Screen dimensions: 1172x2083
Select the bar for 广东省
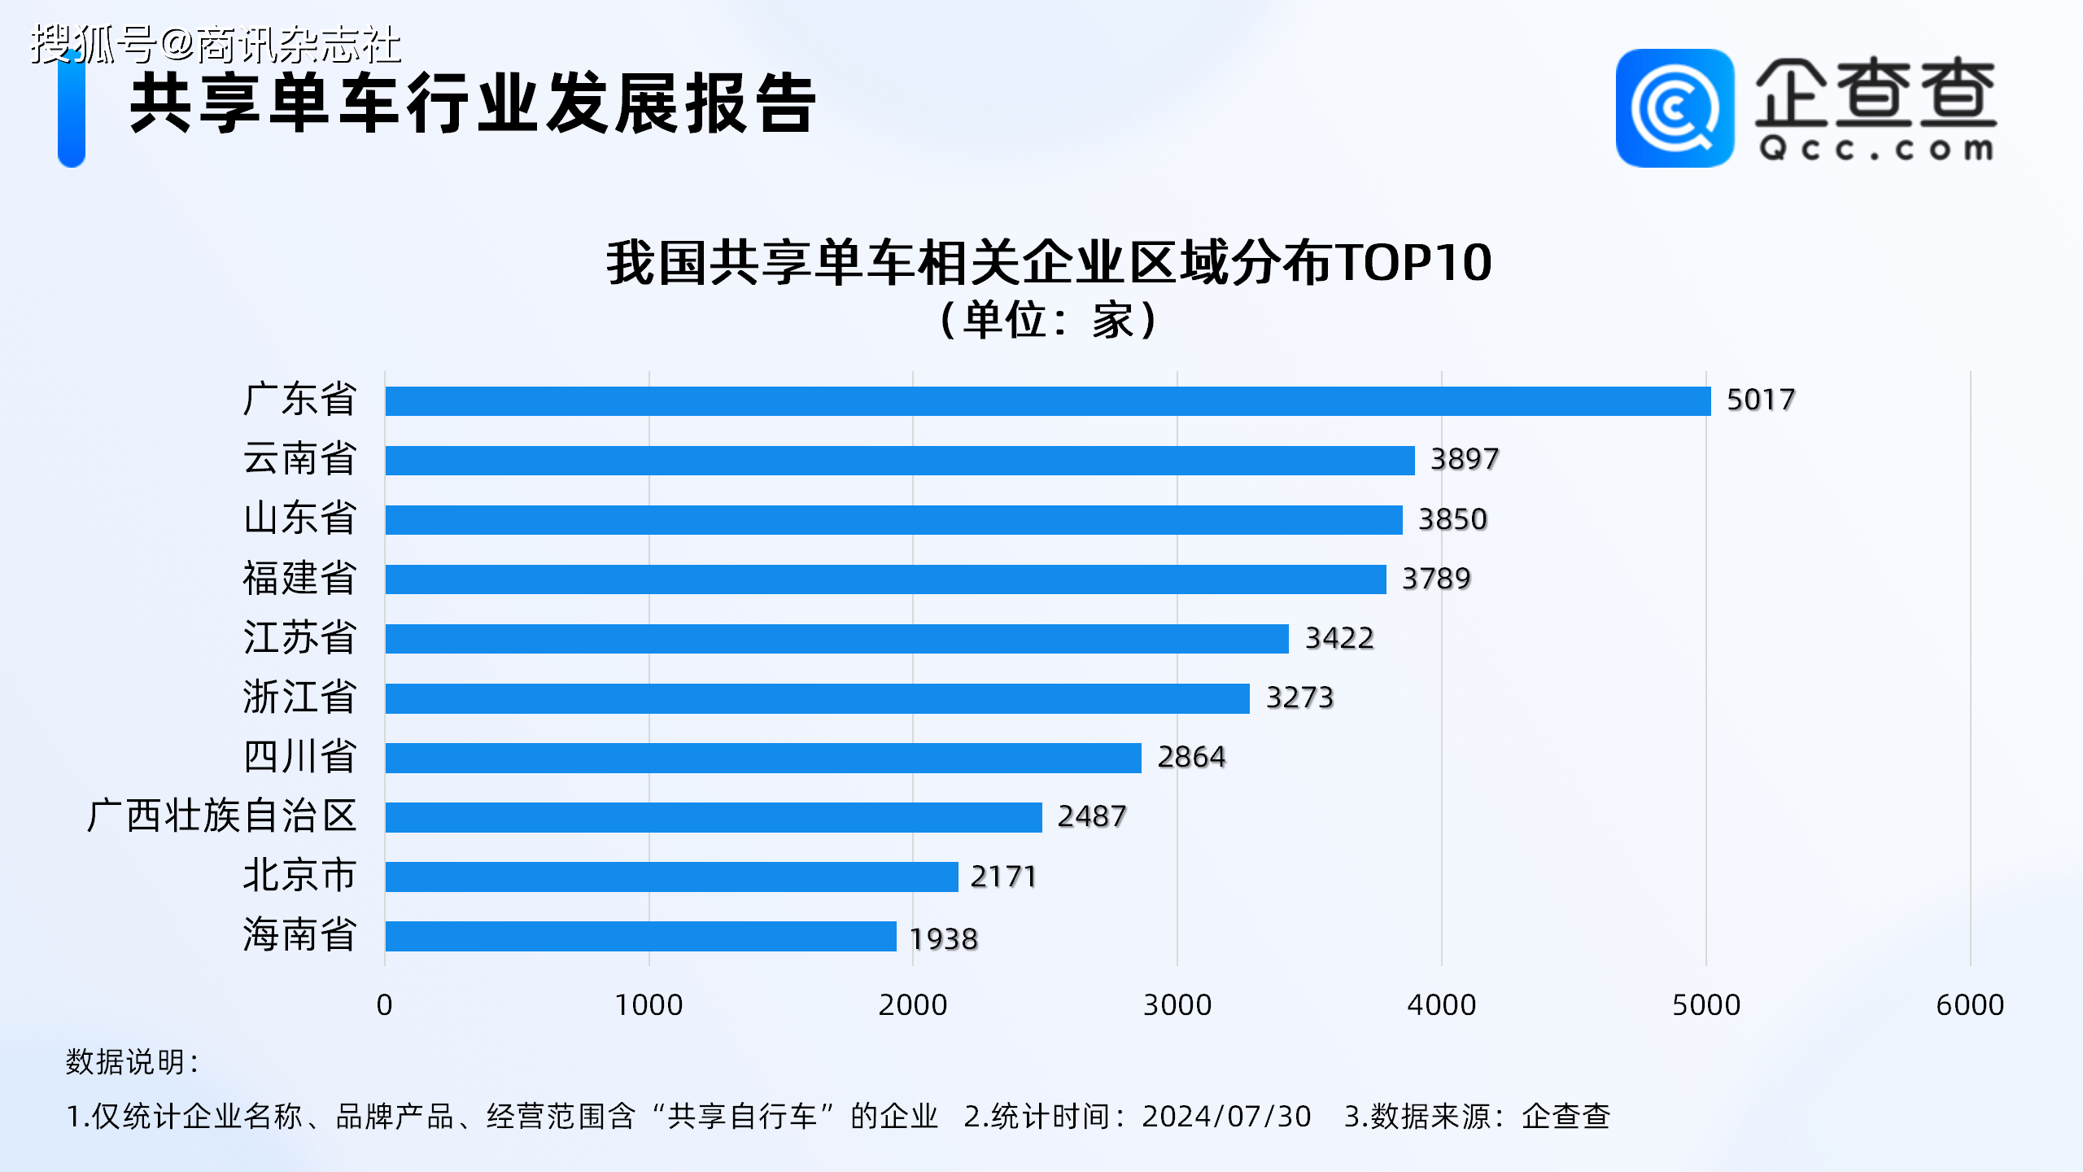coord(1048,401)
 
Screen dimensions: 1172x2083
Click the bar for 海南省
coord(640,936)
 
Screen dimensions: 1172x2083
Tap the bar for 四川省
coord(763,758)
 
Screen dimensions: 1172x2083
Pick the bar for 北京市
coord(671,877)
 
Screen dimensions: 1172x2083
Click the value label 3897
coord(1464,459)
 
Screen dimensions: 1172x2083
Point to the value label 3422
coord(1339,638)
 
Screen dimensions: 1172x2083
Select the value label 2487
coord(1091,816)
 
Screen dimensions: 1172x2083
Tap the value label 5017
coord(1760,400)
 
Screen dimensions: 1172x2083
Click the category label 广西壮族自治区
coord(221,816)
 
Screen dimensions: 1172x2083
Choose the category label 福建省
coord(299,578)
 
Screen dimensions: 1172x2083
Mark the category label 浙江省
coord(299,698)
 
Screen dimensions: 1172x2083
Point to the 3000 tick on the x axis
coord(1177,1005)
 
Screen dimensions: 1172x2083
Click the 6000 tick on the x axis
coord(1969,1005)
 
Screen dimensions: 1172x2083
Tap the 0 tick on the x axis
coord(384,1005)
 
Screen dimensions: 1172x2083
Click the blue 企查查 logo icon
coord(1674,108)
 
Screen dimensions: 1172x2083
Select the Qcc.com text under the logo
coord(1876,149)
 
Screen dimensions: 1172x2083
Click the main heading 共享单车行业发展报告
coord(473,103)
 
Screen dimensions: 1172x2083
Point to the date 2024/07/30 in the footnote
coord(1226,1117)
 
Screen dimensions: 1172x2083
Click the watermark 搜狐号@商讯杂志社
coord(216,44)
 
